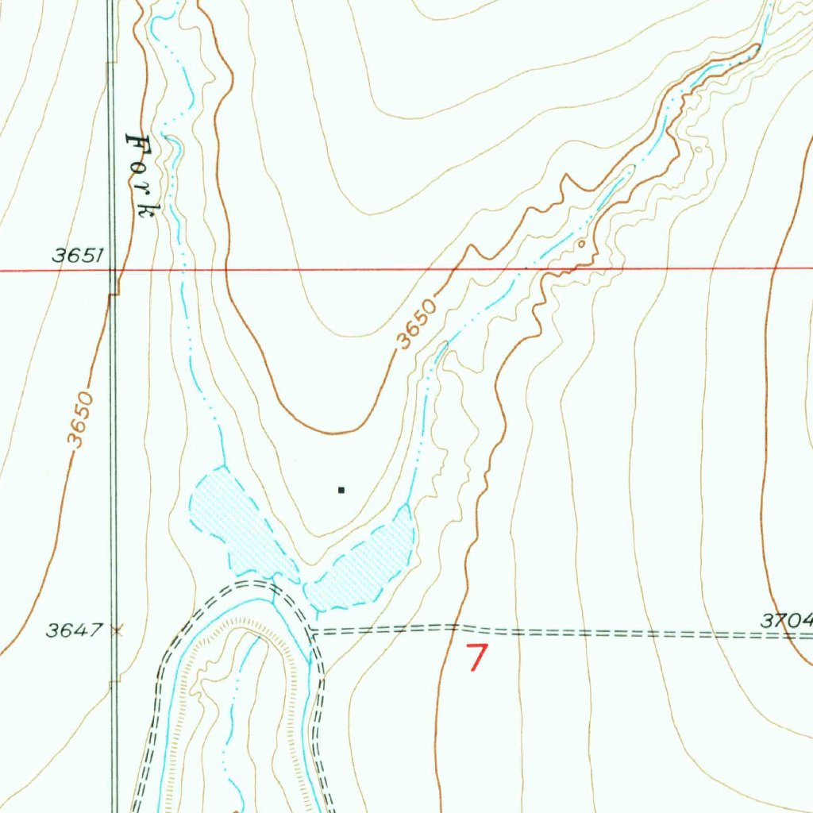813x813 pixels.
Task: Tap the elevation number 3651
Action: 79,255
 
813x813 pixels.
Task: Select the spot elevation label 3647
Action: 74,630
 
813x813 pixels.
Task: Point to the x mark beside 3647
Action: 118,631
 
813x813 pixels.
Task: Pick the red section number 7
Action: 476,658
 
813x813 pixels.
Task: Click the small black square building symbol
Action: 341,490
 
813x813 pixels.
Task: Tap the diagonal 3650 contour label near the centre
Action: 417,324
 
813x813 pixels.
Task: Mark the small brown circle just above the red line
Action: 582,244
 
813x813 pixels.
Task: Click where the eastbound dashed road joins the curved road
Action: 312,631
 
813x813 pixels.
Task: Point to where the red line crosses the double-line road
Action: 114,270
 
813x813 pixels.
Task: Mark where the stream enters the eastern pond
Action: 406,505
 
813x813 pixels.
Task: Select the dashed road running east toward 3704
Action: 556,632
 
